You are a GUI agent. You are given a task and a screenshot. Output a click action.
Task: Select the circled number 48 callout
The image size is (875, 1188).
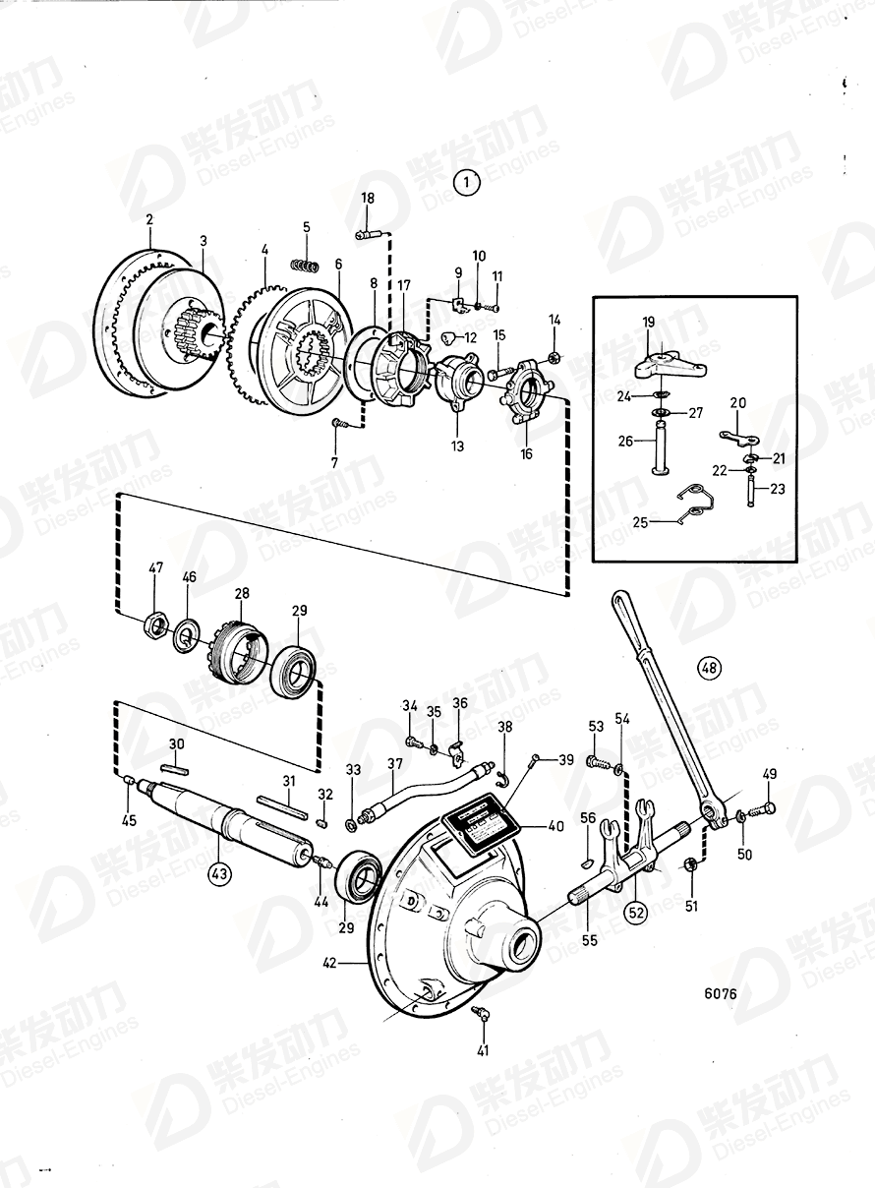[x=709, y=669]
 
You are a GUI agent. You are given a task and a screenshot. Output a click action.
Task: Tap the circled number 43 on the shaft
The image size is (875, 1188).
[x=219, y=871]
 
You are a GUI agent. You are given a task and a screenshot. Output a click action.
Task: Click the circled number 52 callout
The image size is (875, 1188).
[x=637, y=911]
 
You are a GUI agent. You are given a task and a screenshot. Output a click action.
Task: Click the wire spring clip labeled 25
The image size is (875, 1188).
[x=696, y=505]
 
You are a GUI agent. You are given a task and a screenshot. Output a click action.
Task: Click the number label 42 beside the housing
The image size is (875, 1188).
[x=331, y=965]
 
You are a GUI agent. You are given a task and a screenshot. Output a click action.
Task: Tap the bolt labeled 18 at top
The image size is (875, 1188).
[x=369, y=234]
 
